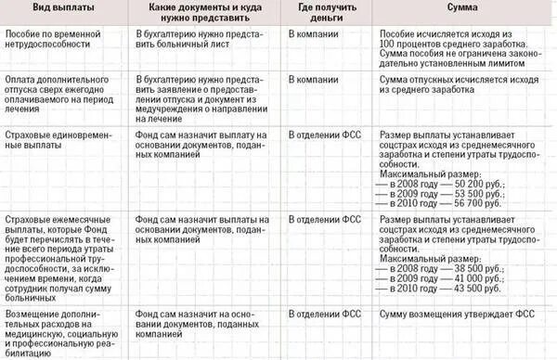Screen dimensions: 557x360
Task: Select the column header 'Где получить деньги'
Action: coord(321,15)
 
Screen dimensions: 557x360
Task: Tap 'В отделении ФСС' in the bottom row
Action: coord(322,314)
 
